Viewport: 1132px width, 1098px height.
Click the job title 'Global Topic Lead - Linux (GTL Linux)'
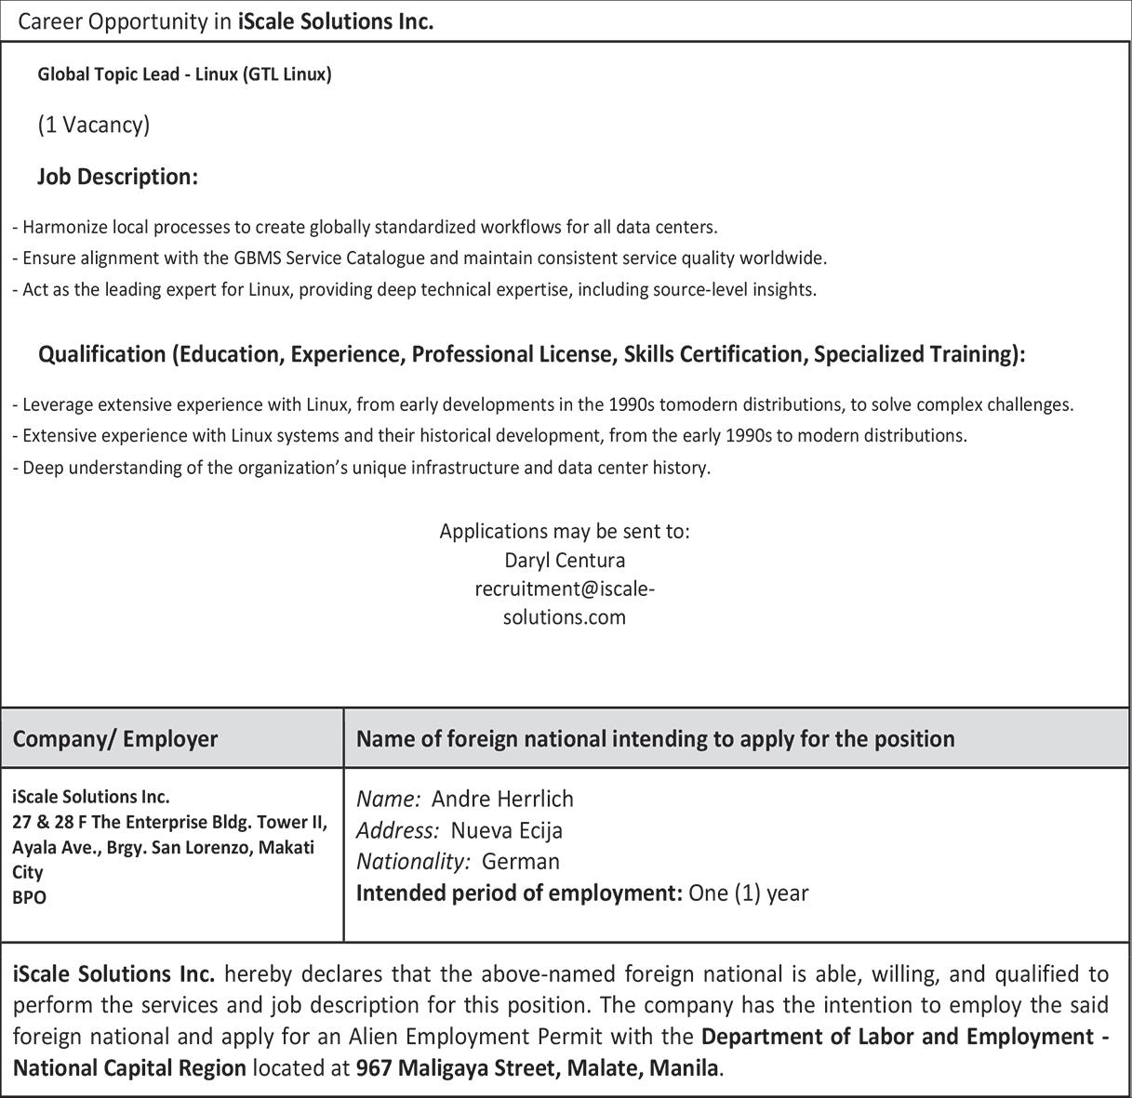(184, 74)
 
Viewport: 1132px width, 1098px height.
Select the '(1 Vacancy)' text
(93, 125)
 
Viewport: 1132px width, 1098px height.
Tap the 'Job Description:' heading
(117, 177)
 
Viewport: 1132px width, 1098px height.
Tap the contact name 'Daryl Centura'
(565, 561)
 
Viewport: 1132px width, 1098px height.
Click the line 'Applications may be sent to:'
(565, 532)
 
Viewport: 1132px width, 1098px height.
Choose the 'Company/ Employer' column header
(115, 739)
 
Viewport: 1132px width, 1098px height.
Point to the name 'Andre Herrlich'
(502, 799)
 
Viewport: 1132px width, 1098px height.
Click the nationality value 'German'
(521, 862)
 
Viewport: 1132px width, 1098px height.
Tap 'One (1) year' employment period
(748, 893)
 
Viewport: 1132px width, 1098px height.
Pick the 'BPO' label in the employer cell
(29, 898)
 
